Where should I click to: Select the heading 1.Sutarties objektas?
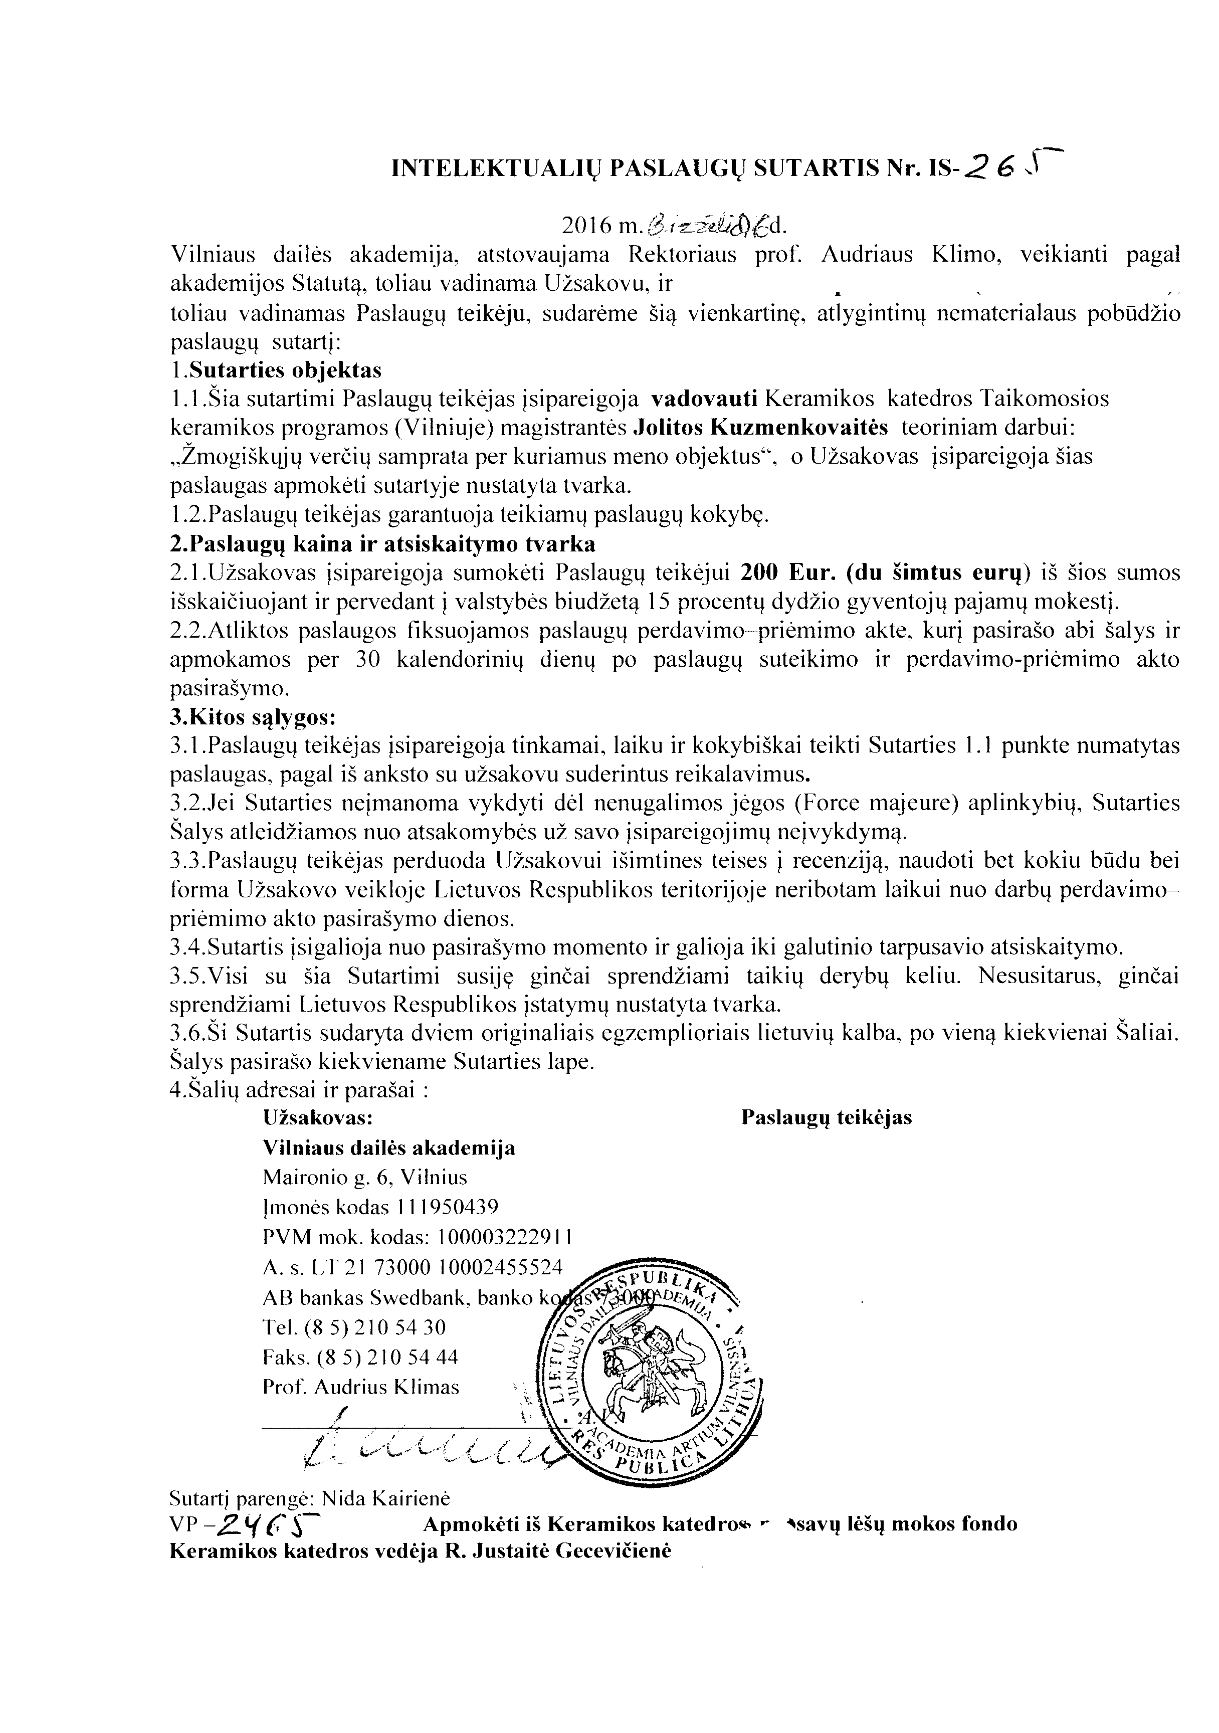pos(276,370)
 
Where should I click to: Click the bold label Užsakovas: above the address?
pos(318,1118)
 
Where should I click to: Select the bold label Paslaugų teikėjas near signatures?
pos(827,1118)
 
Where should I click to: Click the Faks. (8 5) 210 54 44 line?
pos(360,1357)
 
